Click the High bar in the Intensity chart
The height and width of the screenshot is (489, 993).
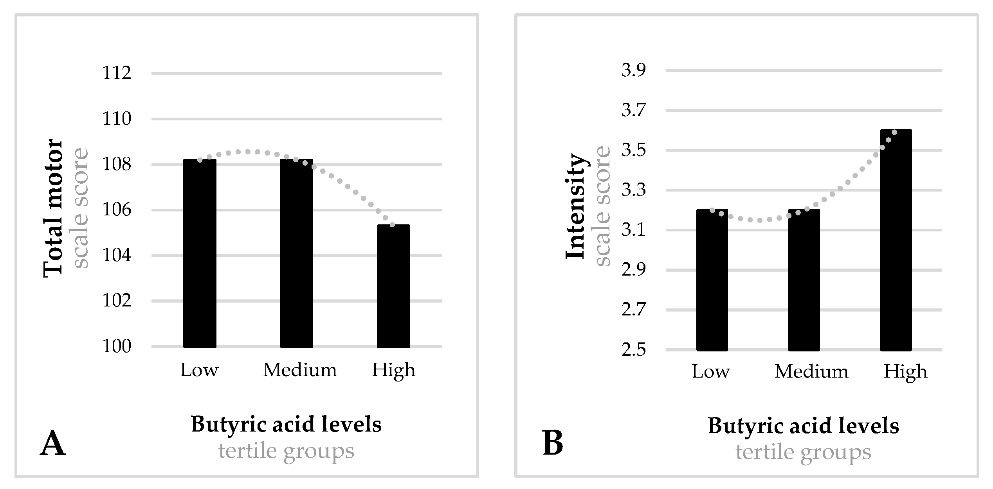[896, 240]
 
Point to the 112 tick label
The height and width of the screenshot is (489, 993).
[117, 73]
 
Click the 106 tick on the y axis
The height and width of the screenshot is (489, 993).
[117, 210]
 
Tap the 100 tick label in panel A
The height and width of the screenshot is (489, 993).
[117, 347]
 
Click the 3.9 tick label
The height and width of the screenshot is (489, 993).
[633, 70]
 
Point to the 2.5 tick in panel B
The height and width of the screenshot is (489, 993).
[633, 350]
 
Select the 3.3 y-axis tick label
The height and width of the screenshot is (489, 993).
[633, 190]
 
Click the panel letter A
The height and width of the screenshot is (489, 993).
[53, 444]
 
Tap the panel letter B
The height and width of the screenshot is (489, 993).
[553, 444]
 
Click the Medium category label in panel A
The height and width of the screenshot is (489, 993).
[300, 370]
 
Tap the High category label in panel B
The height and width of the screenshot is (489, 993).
[905, 371]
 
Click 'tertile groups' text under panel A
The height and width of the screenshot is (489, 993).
[286, 451]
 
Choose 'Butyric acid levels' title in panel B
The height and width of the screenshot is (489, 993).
[803, 426]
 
